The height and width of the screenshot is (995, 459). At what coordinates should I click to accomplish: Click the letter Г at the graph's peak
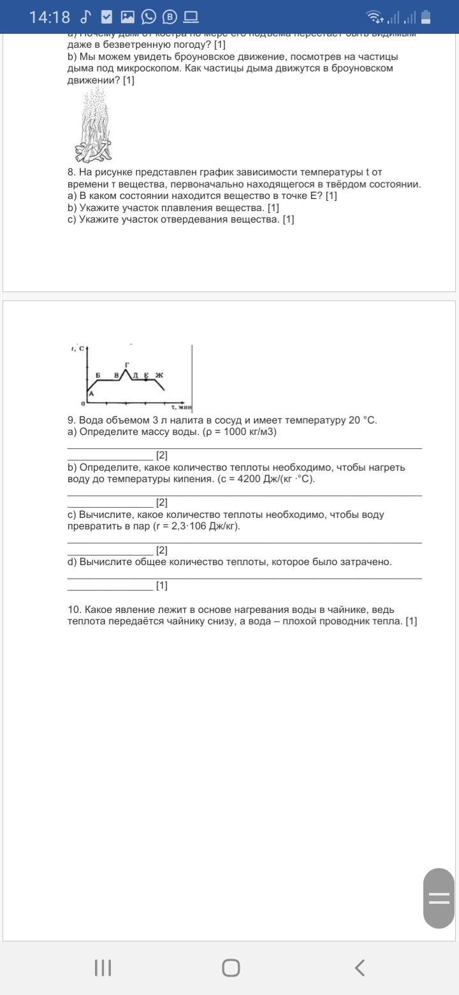[127, 364]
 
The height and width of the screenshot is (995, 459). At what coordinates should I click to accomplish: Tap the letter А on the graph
[91, 394]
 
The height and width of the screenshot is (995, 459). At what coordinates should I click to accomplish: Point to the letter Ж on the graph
[159, 375]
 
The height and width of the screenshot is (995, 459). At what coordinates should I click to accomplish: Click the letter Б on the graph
[98, 375]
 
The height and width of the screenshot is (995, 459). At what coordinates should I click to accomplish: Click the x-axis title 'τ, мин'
[181, 406]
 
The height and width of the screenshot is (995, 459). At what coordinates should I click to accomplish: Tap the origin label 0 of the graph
[83, 404]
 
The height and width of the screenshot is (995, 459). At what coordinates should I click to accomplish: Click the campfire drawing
[94, 126]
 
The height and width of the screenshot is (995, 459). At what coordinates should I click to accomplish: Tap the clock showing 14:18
[49, 17]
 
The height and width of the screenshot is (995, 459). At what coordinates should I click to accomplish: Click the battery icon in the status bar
[426, 17]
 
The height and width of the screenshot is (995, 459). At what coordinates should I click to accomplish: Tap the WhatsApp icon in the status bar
[149, 17]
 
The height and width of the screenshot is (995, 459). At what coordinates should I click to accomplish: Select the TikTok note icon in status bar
[86, 17]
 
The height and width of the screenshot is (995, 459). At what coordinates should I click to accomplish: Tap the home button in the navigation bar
[231, 968]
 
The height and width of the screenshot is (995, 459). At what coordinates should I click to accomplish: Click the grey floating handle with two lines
[439, 898]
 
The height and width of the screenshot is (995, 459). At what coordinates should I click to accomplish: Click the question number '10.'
[75, 610]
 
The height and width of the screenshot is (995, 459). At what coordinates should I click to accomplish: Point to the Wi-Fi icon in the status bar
[374, 17]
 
